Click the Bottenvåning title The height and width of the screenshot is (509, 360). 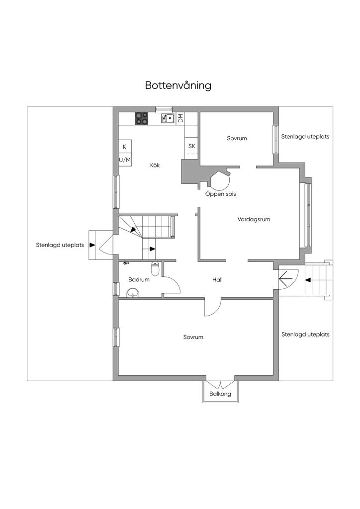point(178,85)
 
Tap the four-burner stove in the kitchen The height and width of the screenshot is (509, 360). point(142,118)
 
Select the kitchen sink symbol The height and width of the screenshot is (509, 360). point(168,118)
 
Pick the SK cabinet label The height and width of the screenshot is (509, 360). point(191,146)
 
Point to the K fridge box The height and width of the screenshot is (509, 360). point(125,147)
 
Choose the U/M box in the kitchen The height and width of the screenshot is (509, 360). point(125,160)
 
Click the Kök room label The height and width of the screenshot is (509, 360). point(155,165)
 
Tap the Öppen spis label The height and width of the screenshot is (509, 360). point(220,194)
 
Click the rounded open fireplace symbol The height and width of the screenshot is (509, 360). point(220,180)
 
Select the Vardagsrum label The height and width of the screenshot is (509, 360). point(254,219)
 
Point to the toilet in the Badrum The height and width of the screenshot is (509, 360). point(155,269)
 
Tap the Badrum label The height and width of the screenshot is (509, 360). point(139,279)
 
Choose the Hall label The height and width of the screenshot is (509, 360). point(217,279)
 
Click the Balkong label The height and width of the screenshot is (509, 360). point(220,394)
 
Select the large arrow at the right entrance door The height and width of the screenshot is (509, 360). point(285,278)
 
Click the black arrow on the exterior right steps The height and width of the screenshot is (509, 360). point(307,280)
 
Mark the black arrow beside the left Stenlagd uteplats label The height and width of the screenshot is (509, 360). point(92,245)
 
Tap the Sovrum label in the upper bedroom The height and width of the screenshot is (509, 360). point(237,138)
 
